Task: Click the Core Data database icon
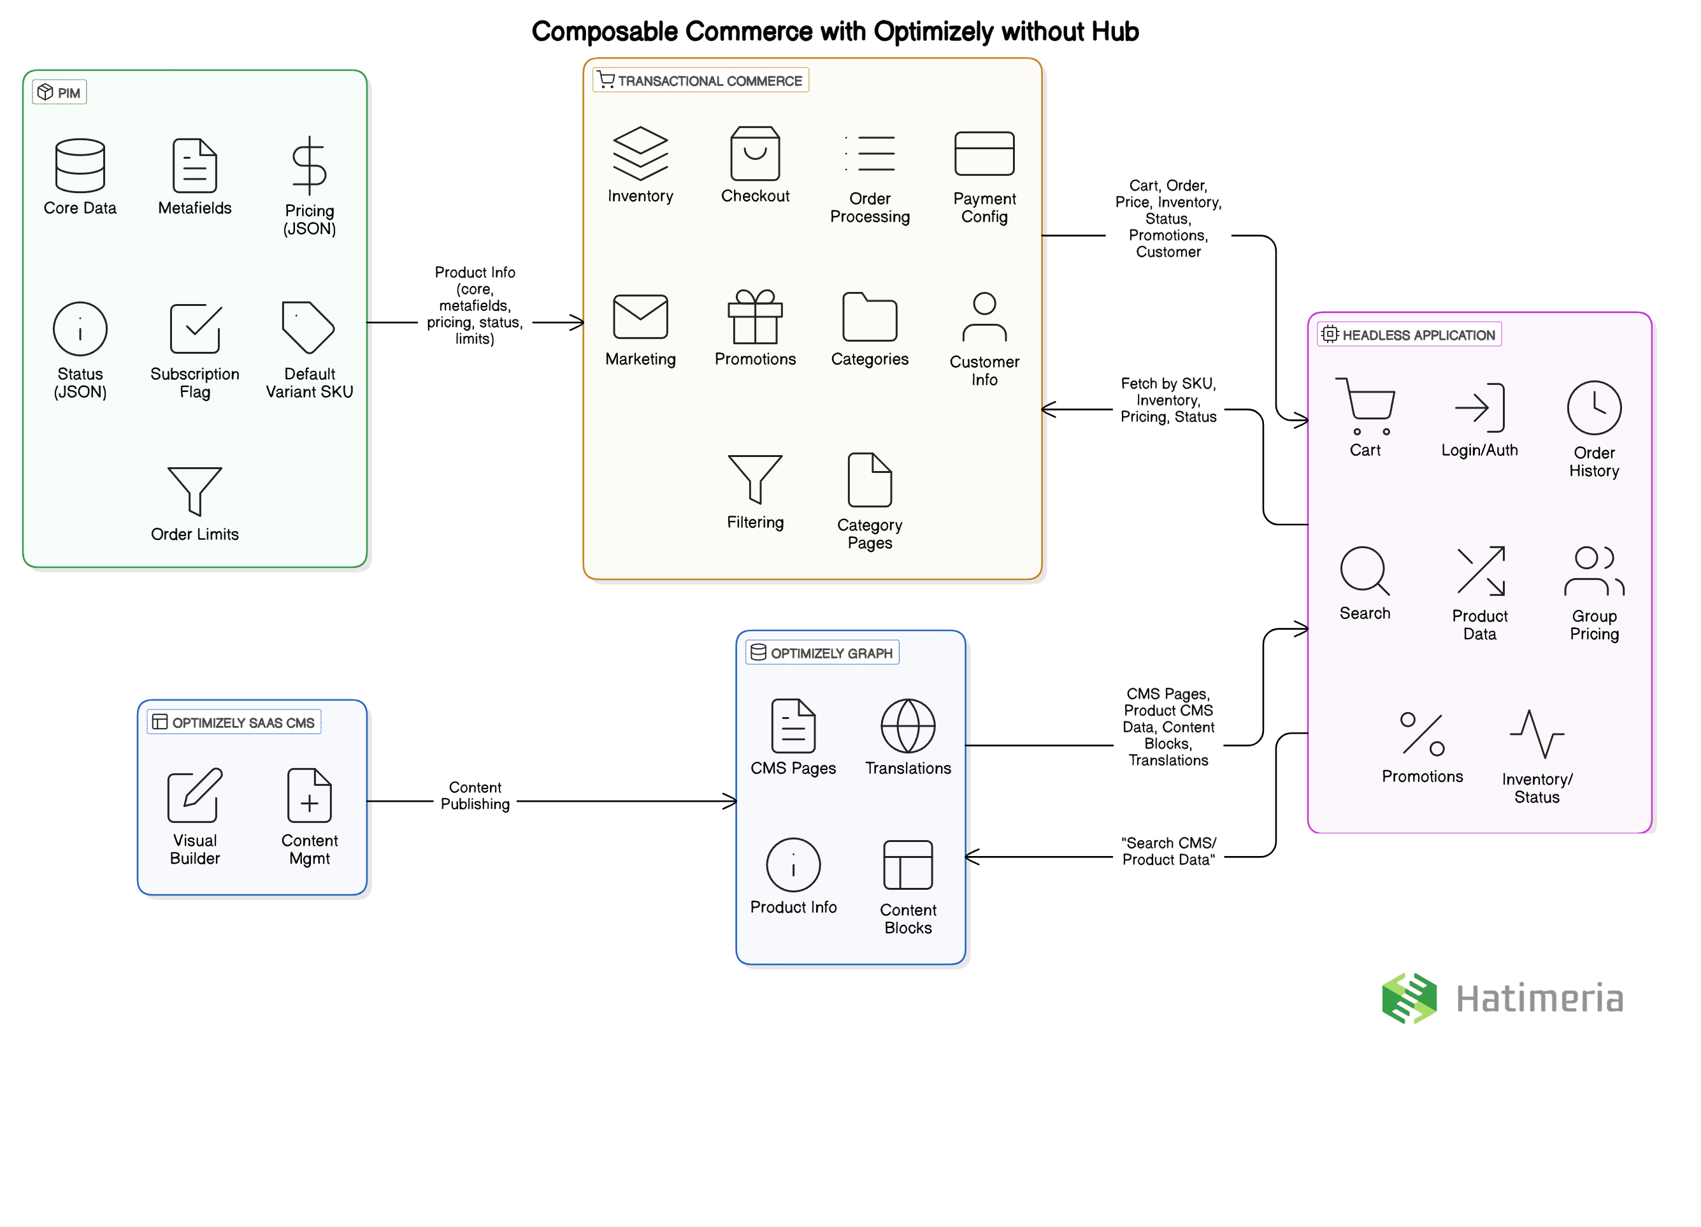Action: (x=80, y=166)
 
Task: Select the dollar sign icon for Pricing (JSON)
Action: (x=309, y=166)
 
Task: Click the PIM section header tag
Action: (x=59, y=93)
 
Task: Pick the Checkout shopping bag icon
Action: (x=755, y=154)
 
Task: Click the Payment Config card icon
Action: (x=984, y=154)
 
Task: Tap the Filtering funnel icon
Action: (x=755, y=479)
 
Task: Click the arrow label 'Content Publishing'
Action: (x=475, y=795)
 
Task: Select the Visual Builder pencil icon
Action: (x=195, y=795)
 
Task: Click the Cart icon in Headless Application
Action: (x=1365, y=406)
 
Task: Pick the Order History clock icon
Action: (x=1594, y=408)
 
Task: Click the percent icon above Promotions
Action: (x=1422, y=734)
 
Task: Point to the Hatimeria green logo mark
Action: (x=1409, y=999)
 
